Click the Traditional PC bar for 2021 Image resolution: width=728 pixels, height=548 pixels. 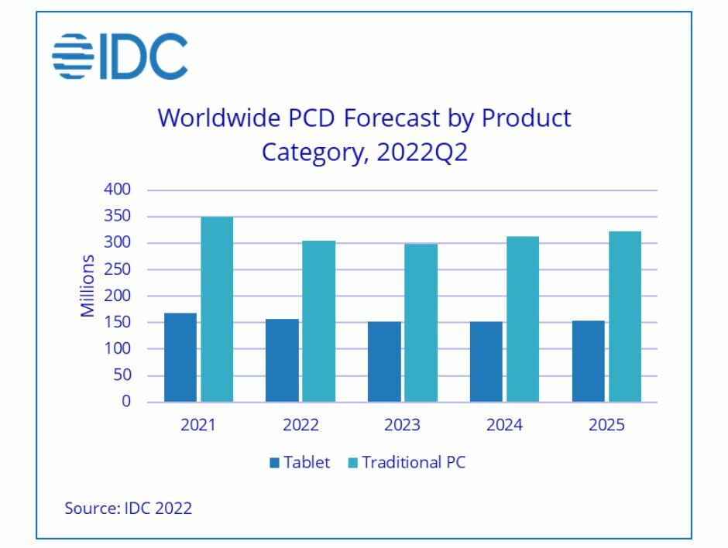click(216, 310)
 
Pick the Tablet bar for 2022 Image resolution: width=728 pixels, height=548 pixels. click(281, 361)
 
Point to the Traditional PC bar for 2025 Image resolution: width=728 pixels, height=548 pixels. click(625, 317)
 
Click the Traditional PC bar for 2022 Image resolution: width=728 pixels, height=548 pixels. click(318, 321)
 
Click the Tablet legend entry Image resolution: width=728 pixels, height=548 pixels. click(300, 463)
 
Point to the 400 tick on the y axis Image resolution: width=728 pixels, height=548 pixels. click(118, 190)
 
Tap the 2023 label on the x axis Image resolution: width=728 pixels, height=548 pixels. click(402, 426)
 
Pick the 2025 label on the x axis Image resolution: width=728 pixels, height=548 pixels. click(606, 426)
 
